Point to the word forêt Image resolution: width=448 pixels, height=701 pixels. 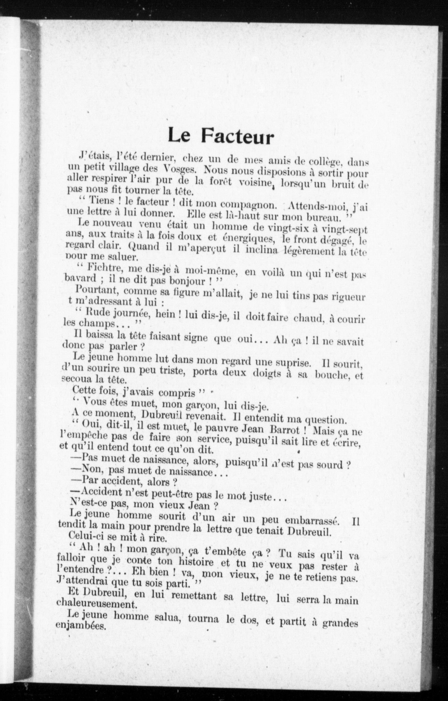pos(220,181)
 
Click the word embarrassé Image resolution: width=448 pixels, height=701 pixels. pos(312,521)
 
